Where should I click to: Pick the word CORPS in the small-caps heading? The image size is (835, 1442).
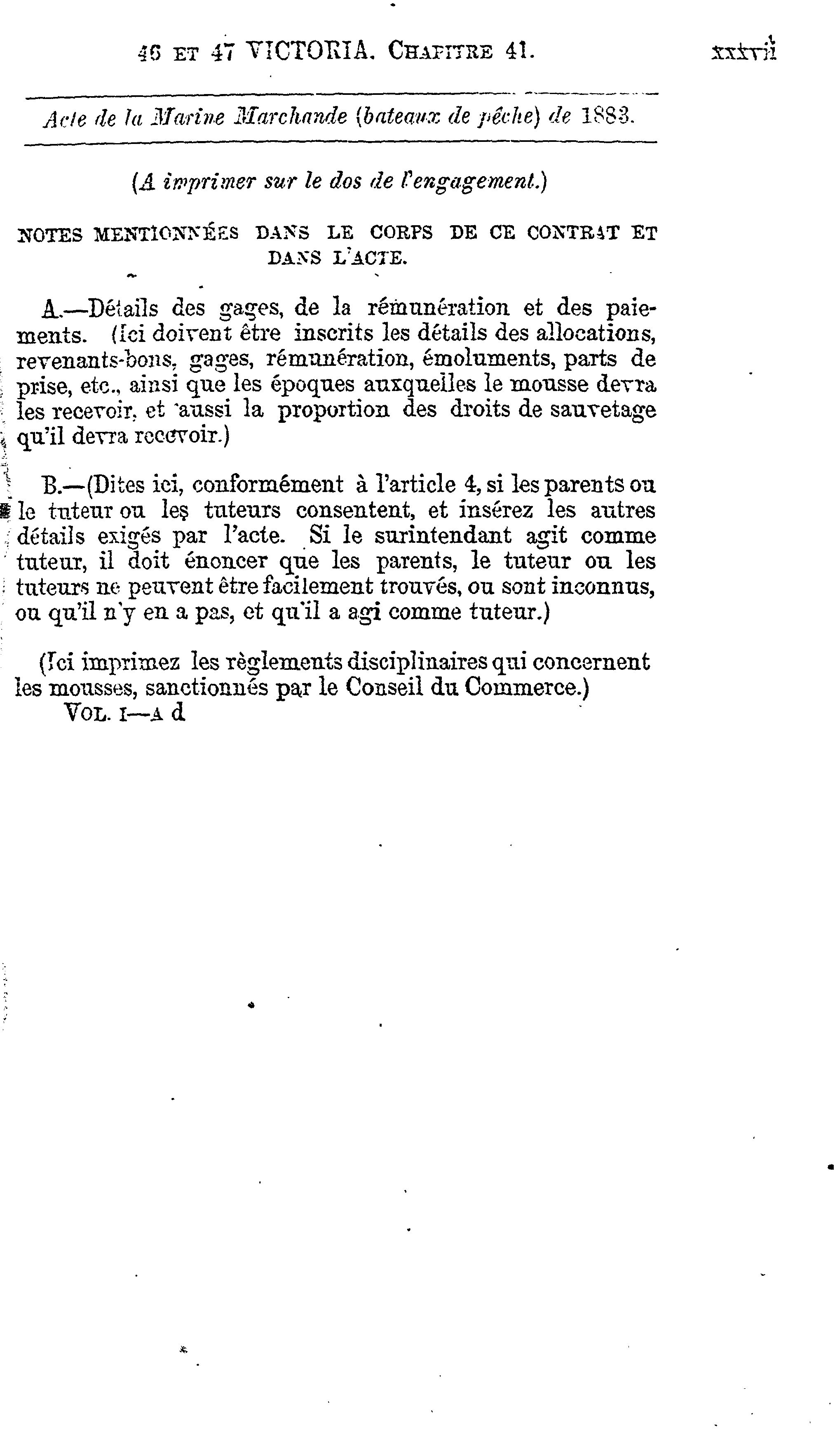401,233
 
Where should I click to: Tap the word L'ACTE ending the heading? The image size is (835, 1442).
369,259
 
